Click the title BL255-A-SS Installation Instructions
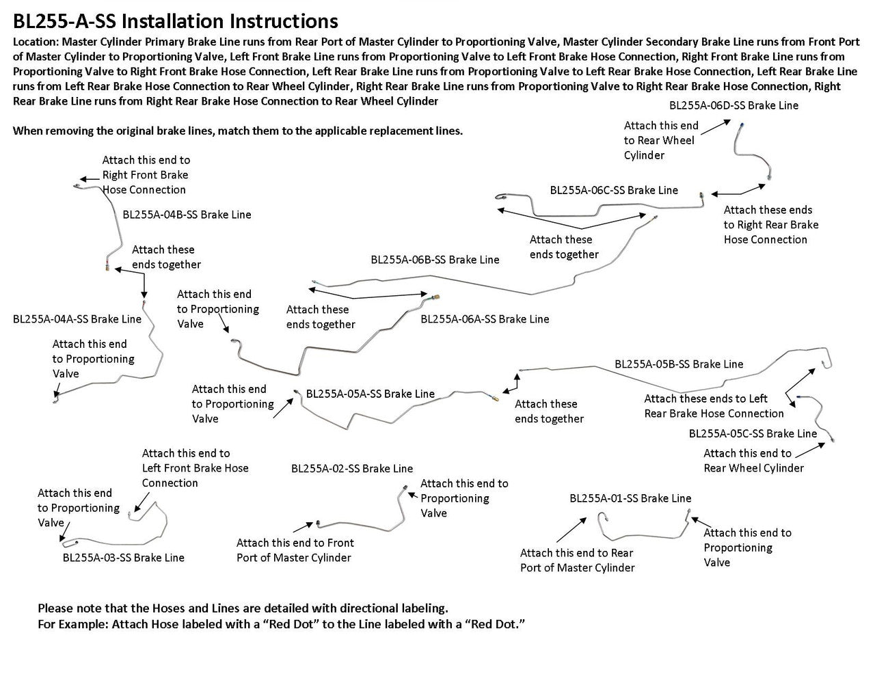(175, 22)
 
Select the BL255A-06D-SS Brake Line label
(733, 105)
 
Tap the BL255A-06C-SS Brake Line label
(614, 190)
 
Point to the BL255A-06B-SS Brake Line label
(435, 260)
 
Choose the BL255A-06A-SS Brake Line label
(485, 319)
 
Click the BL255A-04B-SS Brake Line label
(187, 215)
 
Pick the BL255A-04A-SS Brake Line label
(77, 319)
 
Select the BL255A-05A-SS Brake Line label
(370, 394)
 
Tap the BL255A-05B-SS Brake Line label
(679, 364)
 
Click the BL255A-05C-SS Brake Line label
(753, 433)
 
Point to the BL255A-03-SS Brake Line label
(123, 558)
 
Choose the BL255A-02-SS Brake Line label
(352, 468)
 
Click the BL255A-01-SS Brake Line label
(630, 498)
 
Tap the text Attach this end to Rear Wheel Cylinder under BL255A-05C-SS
(753, 461)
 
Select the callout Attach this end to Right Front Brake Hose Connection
(146, 175)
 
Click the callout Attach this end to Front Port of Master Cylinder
(295, 550)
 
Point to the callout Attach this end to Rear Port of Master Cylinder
(577, 560)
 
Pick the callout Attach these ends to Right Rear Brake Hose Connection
(770, 225)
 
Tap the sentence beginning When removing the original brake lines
(238, 131)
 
